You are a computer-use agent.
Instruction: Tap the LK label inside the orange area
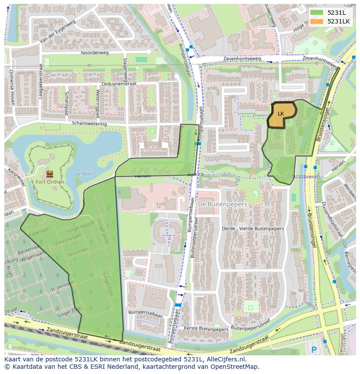(281, 114)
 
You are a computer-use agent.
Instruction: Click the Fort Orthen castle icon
(50, 174)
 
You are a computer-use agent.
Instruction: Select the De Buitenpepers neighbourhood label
(222, 204)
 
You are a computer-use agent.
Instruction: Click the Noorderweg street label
(94, 53)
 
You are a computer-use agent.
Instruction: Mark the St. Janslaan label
(60, 288)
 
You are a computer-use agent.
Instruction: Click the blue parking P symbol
(314, 349)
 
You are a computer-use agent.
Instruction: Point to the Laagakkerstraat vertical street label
(40, 81)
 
